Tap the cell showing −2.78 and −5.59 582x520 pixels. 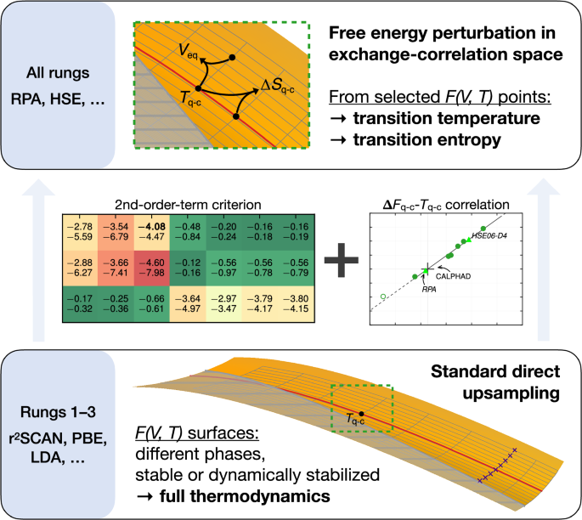click(82, 234)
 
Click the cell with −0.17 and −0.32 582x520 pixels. click(82, 303)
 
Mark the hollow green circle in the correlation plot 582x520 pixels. click(383, 297)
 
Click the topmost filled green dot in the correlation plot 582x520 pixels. click(483, 229)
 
